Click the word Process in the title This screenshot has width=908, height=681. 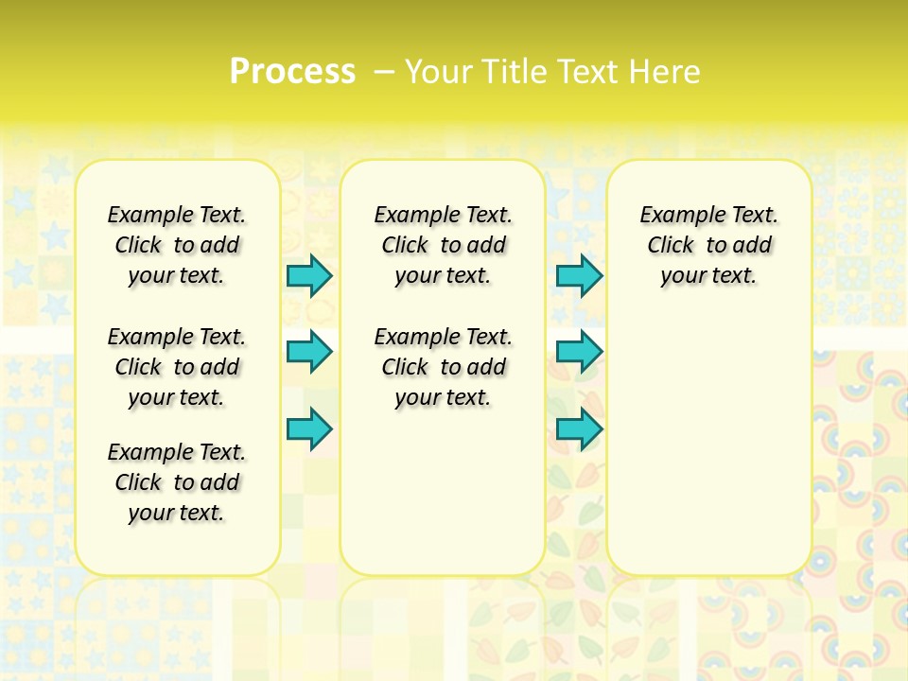(x=292, y=71)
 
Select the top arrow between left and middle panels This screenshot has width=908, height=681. (x=309, y=275)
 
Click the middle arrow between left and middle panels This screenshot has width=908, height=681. (x=309, y=352)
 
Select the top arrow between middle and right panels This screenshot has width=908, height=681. (x=579, y=275)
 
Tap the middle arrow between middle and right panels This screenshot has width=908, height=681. (x=579, y=352)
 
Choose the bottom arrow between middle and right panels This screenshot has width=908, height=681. (x=579, y=429)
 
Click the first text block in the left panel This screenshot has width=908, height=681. (x=177, y=245)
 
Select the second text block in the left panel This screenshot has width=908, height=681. (x=177, y=367)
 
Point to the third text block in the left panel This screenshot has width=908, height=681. (x=177, y=482)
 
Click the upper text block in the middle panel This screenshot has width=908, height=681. (x=443, y=245)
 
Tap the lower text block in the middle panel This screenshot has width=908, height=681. (x=443, y=367)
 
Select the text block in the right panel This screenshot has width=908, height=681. (x=708, y=245)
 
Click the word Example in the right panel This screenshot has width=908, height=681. (x=675, y=216)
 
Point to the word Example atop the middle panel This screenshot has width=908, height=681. (x=410, y=216)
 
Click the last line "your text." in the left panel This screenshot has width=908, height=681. (x=177, y=513)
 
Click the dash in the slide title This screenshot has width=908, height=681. (x=384, y=71)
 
